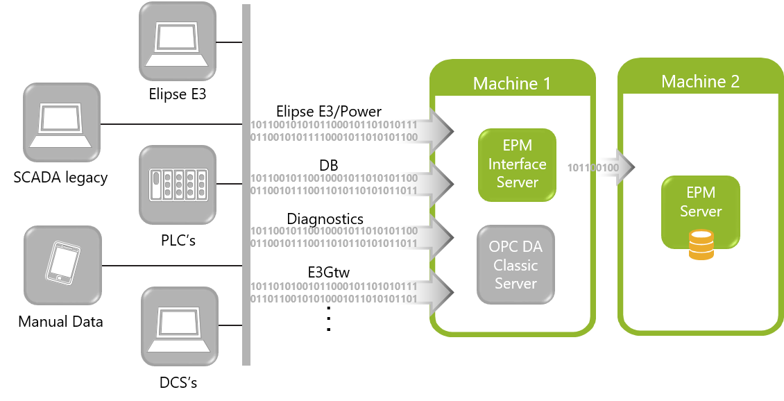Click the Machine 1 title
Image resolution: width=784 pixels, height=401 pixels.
pos(511,84)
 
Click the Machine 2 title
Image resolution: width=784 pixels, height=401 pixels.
pos(700,82)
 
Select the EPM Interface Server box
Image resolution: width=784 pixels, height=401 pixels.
pos(517,164)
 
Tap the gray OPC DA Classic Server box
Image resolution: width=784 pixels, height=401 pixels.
pos(515,264)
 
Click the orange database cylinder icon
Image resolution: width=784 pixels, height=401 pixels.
pos(701,245)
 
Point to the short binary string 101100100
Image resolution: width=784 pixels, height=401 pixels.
pos(593,168)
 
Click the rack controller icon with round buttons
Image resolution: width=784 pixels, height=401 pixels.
pos(178,185)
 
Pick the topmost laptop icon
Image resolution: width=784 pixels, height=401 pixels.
pos(178,41)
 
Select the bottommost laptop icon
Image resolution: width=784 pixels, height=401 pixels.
pos(180,327)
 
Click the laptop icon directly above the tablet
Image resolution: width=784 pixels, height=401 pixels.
pos(62,123)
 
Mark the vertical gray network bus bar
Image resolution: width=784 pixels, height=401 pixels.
pos(246,185)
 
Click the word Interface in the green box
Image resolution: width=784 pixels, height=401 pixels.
pos(517,164)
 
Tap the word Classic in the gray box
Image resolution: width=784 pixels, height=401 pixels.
pos(515,265)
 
